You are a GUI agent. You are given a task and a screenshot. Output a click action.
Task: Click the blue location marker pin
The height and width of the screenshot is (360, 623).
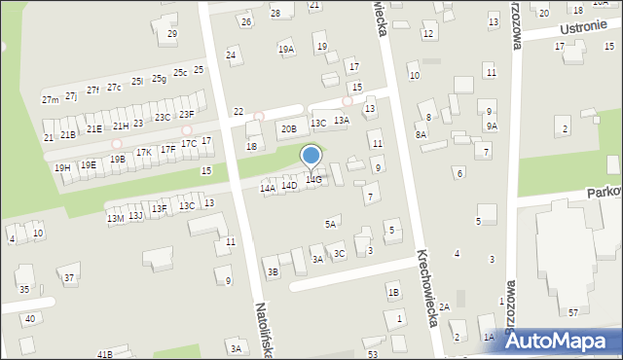(311, 157)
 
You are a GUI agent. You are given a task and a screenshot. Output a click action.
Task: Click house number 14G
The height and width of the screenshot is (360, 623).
(313, 180)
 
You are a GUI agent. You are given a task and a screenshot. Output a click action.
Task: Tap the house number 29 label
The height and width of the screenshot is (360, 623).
(172, 34)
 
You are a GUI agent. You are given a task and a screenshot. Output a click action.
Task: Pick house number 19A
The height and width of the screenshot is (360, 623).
(285, 49)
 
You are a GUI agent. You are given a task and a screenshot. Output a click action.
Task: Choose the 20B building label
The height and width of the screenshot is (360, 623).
(289, 128)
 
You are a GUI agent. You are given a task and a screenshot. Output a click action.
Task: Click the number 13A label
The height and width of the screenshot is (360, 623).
(341, 121)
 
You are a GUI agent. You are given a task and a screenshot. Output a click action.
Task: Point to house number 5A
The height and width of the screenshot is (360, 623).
(331, 225)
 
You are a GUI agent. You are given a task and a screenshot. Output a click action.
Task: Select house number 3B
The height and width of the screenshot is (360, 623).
(274, 271)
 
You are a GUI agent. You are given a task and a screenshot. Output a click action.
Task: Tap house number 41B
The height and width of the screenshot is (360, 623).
(104, 354)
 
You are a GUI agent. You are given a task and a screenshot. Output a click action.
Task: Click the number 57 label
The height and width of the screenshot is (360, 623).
(573, 312)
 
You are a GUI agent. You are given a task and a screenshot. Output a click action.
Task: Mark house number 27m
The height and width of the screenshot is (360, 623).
(50, 100)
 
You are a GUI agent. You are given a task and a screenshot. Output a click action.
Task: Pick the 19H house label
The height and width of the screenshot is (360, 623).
(62, 168)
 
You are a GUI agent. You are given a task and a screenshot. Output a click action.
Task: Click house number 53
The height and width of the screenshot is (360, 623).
(373, 354)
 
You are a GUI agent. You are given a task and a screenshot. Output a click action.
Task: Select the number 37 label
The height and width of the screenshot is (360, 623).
(69, 278)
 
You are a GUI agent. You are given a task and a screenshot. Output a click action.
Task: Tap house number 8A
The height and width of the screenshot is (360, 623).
(421, 135)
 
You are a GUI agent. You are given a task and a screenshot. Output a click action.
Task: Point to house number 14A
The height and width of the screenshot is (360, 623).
(268, 188)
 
